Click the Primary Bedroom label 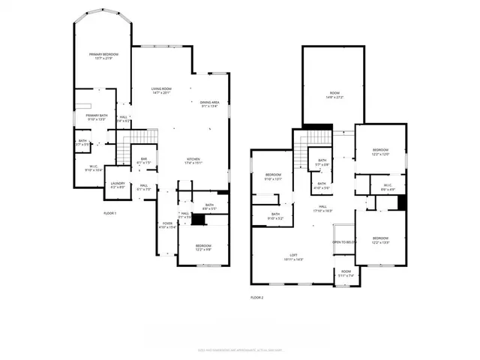click(103, 56)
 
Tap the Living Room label click(161, 91)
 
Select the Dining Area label click(209, 104)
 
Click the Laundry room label click(117, 185)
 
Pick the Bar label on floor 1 click(144, 160)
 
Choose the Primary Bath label click(97, 117)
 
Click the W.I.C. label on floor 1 click(94, 169)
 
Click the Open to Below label click(343, 242)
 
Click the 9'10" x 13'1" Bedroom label click(272, 177)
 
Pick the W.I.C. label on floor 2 click(386, 187)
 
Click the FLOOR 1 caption click(110, 213)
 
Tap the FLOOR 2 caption click(257, 298)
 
